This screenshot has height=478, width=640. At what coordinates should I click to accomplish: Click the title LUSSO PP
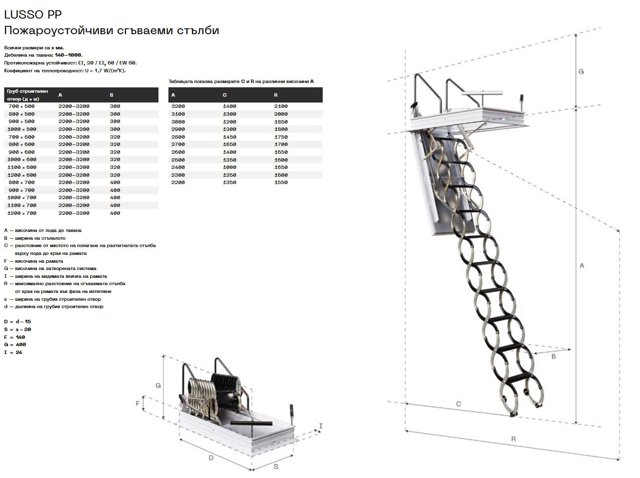coord(33,14)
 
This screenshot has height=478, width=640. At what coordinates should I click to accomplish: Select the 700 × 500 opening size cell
coord(21,106)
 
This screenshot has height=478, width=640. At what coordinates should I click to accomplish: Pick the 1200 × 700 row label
coord(22,213)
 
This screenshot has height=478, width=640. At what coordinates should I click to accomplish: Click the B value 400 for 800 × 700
coord(115,183)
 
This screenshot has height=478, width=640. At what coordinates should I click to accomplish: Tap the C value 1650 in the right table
coord(229,145)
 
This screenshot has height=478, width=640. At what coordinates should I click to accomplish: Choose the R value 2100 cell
coord(281,106)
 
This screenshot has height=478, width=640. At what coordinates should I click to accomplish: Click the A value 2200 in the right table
coord(178,183)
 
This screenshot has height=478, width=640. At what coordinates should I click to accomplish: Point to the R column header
coord(276,95)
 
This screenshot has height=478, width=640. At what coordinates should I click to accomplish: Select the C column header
coord(224,95)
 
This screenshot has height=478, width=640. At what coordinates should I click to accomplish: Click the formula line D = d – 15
coord(18,322)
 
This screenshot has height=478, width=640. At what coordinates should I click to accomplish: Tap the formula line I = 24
coord(13,352)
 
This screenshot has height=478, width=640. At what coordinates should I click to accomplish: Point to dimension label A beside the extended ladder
coord(581,266)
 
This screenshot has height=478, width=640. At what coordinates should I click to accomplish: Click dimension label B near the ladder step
coord(554,356)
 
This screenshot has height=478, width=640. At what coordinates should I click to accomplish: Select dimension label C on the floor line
coord(459,404)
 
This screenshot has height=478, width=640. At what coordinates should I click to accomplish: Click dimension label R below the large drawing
coord(514,439)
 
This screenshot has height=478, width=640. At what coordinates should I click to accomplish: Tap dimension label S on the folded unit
coord(276,467)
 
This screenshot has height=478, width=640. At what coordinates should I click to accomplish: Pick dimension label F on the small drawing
coord(138,404)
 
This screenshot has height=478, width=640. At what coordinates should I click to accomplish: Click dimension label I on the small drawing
coord(320,426)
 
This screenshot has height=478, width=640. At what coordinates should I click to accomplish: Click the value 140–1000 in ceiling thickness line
coord(69,55)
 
